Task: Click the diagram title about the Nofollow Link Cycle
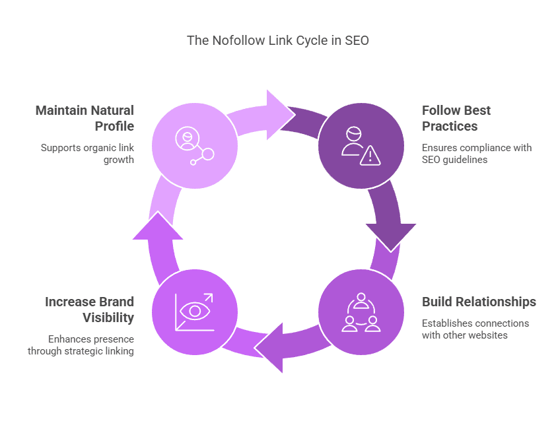277,40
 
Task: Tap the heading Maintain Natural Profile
85,118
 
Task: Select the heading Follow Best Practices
456,118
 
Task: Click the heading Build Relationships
479,302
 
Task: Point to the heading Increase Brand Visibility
89,310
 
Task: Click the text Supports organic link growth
87,154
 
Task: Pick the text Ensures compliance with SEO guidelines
477,154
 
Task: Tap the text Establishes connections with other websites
475,329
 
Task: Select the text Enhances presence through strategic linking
81,345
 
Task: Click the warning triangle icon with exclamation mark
370,155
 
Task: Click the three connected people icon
361,312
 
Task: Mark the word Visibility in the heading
108,317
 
